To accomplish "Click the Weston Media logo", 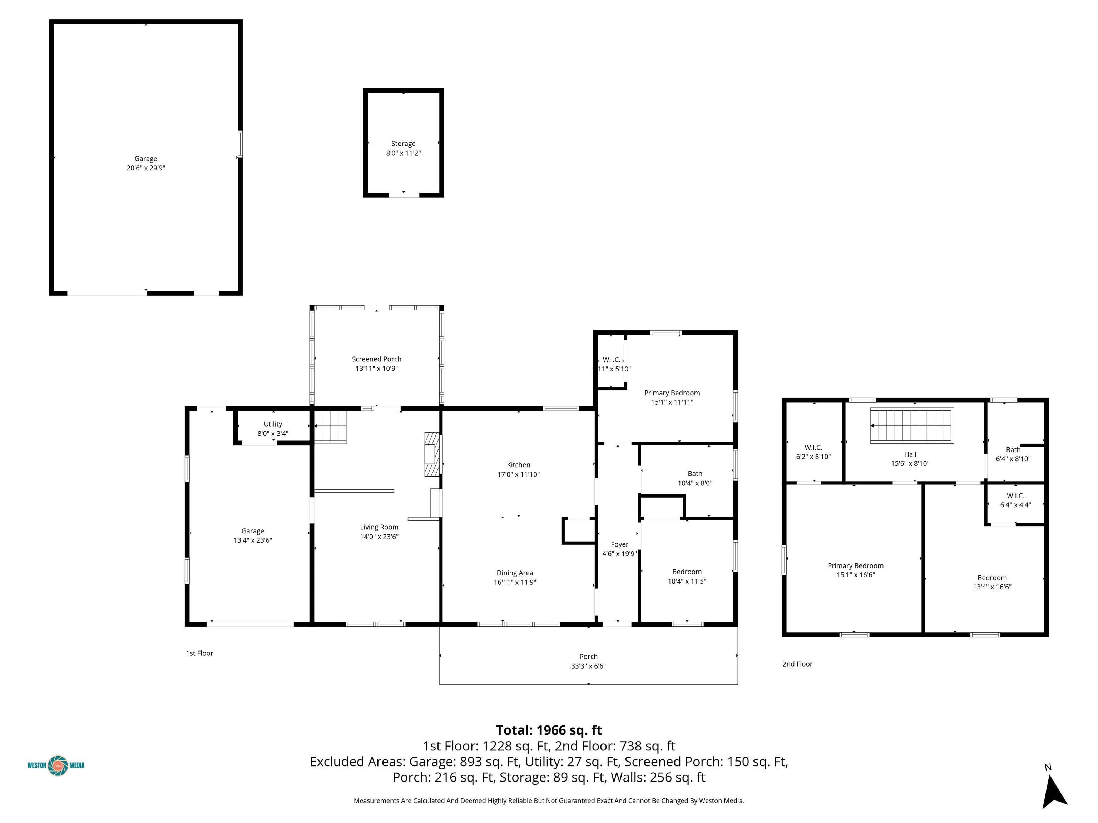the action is pyautogui.click(x=56, y=765).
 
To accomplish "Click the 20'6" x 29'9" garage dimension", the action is pyautogui.click(x=146, y=168).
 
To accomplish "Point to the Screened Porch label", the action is pyautogui.click(x=377, y=359).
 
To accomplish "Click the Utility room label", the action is pyautogui.click(x=273, y=424).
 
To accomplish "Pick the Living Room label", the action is pyautogui.click(x=379, y=527).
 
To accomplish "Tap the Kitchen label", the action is pyautogui.click(x=519, y=465).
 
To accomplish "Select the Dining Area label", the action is pyautogui.click(x=515, y=573).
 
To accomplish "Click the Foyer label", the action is pyautogui.click(x=619, y=545).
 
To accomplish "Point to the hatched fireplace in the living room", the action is pyautogui.click(x=432, y=454).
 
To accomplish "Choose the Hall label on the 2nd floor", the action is pyautogui.click(x=910, y=454).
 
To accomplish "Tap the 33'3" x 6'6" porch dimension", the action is pyautogui.click(x=588, y=666).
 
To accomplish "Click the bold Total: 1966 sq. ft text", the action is pyautogui.click(x=549, y=730).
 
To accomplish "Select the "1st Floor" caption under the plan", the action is pyautogui.click(x=199, y=653).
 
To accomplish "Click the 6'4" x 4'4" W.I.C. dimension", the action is pyautogui.click(x=1015, y=505).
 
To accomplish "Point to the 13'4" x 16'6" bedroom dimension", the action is pyautogui.click(x=992, y=587).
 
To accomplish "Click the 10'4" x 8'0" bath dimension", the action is pyautogui.click(x=695, y=483).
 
